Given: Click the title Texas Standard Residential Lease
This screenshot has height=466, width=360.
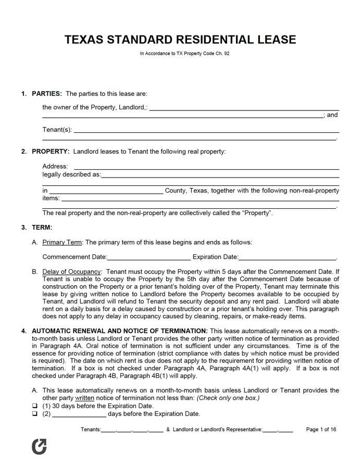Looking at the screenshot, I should [180, 40].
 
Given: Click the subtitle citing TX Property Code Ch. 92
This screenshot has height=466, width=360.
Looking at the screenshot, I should [184, 54].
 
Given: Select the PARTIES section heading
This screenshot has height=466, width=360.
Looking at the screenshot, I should [47, 94].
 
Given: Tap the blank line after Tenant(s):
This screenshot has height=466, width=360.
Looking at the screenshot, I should [206, 131].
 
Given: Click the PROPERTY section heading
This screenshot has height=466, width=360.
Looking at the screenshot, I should [51, 152].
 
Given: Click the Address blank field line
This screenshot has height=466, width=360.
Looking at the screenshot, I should [206, 167].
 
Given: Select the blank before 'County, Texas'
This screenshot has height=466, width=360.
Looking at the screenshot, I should [106, 192].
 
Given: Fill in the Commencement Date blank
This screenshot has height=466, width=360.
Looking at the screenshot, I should [149, 258].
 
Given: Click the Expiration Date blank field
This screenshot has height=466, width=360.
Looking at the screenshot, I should [287, 258].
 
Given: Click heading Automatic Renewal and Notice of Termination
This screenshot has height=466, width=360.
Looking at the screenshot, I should [120, 331].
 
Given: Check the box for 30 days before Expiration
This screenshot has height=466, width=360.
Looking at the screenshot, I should [35, 406].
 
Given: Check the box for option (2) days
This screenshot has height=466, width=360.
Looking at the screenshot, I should [35, 414].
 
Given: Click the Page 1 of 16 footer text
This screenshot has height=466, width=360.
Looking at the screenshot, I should [321, 430].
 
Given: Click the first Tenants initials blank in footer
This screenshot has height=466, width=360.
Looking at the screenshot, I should [108, 431].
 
